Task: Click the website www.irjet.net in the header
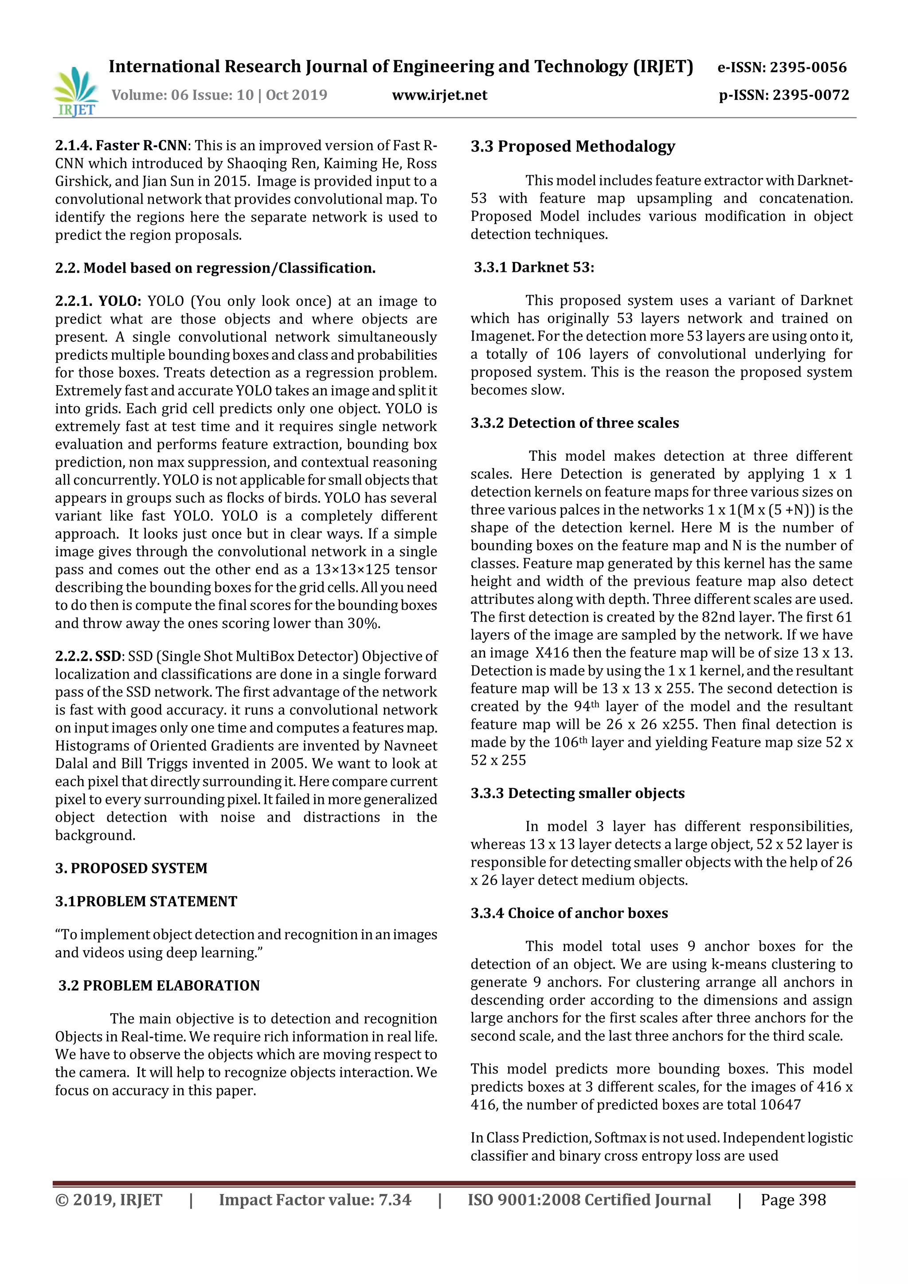pos(439,95)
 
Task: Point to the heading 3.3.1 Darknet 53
pos(534,267)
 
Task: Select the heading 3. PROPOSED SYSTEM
pos(131,868)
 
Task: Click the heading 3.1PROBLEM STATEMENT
pos(146,901)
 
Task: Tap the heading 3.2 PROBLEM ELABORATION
pos(159,985)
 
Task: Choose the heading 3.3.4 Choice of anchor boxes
pos(569,913)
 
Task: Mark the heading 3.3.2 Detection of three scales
pos(574,423)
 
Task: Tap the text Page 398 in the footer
pos(793,1200)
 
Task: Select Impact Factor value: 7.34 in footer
pos(315,1200)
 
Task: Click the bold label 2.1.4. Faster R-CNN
pos(121,145)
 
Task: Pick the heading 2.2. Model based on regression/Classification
pos(215,268)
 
